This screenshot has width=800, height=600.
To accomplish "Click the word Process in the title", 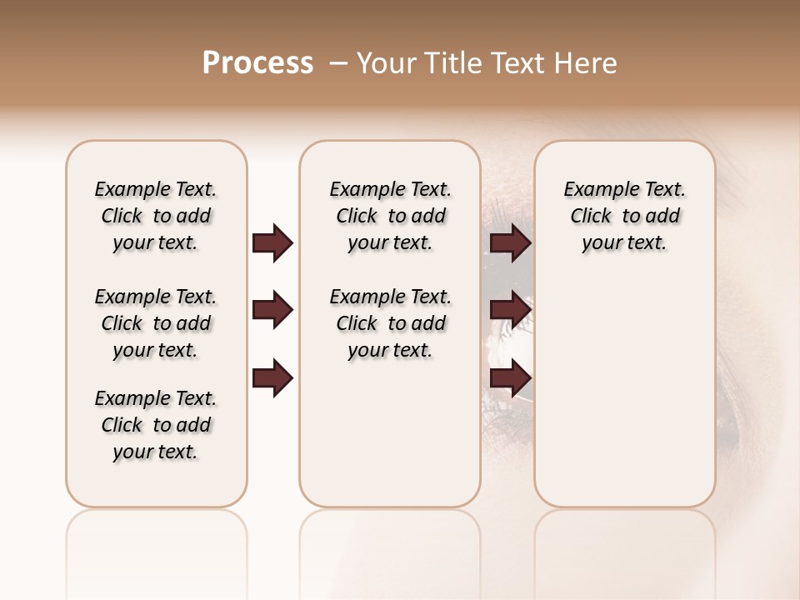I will click(257, 63).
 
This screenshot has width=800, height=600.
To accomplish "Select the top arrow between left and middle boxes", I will click(272, 243).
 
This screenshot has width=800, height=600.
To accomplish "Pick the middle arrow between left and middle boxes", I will click(272, 311).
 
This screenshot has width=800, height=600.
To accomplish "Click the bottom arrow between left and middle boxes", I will click(272, 378).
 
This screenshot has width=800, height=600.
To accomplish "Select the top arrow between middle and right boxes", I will click(510, 243).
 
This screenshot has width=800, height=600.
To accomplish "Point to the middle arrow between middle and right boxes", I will click(510, 311).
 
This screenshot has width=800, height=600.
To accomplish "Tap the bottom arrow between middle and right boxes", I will click(510, 378).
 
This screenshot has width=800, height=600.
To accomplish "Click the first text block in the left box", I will click(156, 216).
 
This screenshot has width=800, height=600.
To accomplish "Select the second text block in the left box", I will click(156, 323).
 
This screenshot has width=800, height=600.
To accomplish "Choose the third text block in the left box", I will click(156, 425).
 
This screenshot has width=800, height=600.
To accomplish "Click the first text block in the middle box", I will click(390, 216).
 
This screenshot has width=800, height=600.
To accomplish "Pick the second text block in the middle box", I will click(390, 323).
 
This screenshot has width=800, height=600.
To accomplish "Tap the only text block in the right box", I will click(624, 216).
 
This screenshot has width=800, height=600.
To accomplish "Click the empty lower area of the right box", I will click(624, 400).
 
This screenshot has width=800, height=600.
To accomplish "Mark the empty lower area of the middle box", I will click(390, 433).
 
